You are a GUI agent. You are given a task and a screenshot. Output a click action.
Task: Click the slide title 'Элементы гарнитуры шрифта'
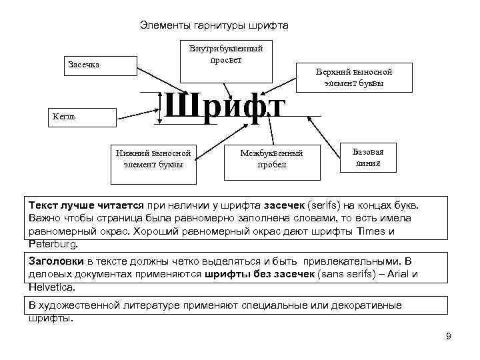point(214,25)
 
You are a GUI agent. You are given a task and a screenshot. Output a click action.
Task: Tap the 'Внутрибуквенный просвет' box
point(225,54)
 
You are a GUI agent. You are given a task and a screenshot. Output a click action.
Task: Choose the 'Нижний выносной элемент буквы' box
point(153,158)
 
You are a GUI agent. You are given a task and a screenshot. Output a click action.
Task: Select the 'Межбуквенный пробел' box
point(271,159)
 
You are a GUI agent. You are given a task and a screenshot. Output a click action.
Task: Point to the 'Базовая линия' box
point(368,157)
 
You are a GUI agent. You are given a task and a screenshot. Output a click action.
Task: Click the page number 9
point(448,335)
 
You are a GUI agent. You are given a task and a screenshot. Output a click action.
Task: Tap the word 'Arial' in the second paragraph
point(390,275)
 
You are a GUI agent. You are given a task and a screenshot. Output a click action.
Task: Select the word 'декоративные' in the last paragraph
point(364,305)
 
